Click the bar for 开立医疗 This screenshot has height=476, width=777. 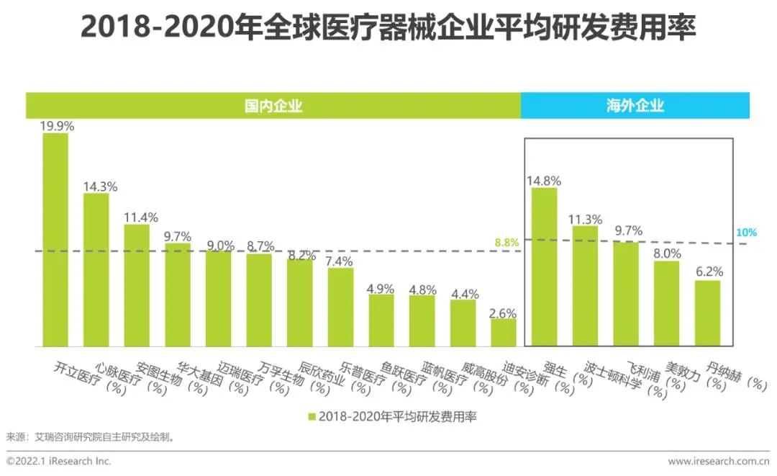click(55, 240)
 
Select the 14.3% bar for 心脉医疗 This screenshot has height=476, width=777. click(96, 270)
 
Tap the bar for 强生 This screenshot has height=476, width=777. click(544, 267)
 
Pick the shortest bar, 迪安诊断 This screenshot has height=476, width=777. click(504, 333)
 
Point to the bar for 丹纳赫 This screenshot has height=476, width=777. click(707, 313)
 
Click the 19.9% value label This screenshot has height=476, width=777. click(57, 126)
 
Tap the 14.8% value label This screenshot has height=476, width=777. click(544, 180)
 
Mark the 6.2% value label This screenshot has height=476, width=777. click(708, 272)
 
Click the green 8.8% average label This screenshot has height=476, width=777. click(506, 243)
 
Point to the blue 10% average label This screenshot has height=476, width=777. click(747, 233)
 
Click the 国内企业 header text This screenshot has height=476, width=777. click(273, 106)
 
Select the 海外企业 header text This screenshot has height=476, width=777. click(635, 106)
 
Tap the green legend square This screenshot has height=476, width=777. click(312, 417)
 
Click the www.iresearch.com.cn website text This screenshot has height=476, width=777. click(719, 461)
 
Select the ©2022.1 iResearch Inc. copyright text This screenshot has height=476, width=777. click(59, 461)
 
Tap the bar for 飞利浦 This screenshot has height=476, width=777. click(626, 294)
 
